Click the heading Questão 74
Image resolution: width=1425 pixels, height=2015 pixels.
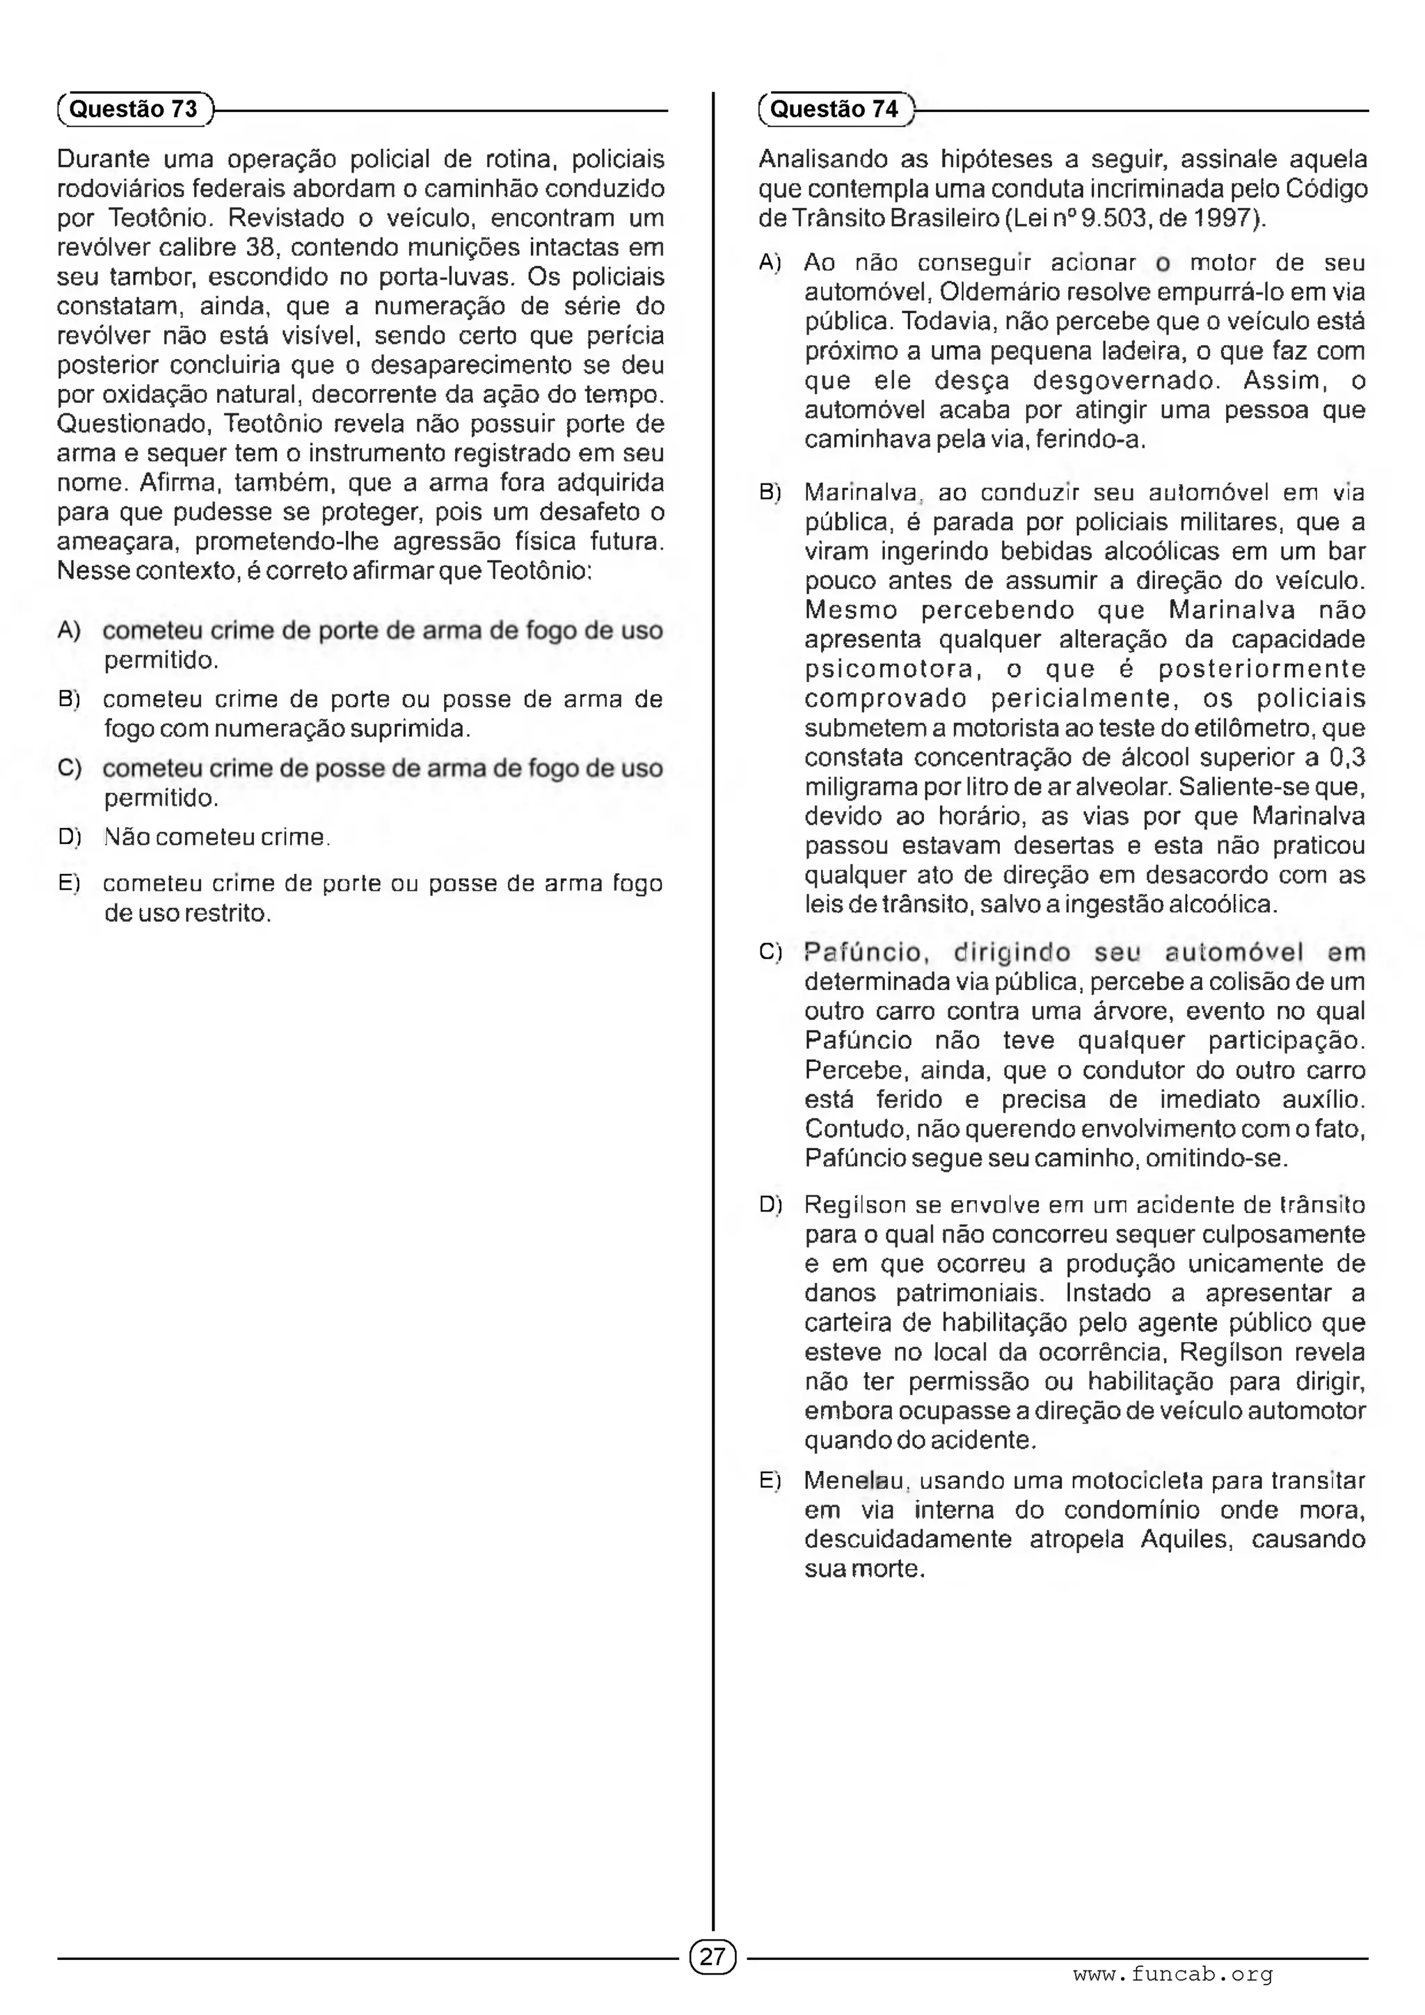834,110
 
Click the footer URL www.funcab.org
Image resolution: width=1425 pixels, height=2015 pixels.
1172,1975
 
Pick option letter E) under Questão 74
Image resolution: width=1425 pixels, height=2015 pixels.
770,1481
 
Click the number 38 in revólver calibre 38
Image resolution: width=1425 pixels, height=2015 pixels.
261,248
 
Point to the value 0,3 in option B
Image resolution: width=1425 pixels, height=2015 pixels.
1347,758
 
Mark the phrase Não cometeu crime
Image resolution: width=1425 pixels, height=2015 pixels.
215,837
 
